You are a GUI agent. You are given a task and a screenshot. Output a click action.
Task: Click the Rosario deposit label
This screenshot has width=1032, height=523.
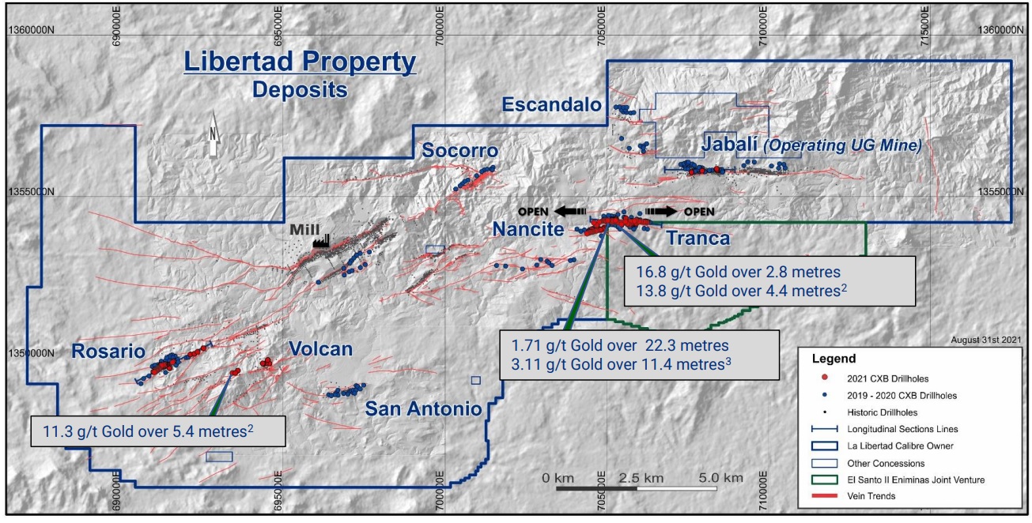click(109, 351)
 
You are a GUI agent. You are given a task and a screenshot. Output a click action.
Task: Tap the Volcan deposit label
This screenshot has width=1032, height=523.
click(320, 348)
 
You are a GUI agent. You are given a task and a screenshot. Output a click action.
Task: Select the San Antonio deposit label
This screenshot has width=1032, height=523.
click(423, 408)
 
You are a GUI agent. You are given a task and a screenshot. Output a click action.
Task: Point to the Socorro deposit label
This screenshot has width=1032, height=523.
click(460, 150)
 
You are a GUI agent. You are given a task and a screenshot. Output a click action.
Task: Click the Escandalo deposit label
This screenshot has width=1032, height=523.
click(552, 104)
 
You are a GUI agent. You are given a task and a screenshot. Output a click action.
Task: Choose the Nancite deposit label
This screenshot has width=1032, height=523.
click(527, 229)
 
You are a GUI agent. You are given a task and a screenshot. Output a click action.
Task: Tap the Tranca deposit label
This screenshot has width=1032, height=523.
click(697, 237)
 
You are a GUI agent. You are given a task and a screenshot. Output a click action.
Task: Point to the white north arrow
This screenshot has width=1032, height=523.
click(213, 141)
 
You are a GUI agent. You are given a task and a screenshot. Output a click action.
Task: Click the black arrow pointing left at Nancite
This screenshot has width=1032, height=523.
click(569, 211)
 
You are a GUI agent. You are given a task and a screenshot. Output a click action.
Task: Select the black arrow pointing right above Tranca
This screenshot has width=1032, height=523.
click(660, 211)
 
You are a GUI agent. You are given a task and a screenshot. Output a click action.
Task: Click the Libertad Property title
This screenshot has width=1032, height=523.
click(300, 62)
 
